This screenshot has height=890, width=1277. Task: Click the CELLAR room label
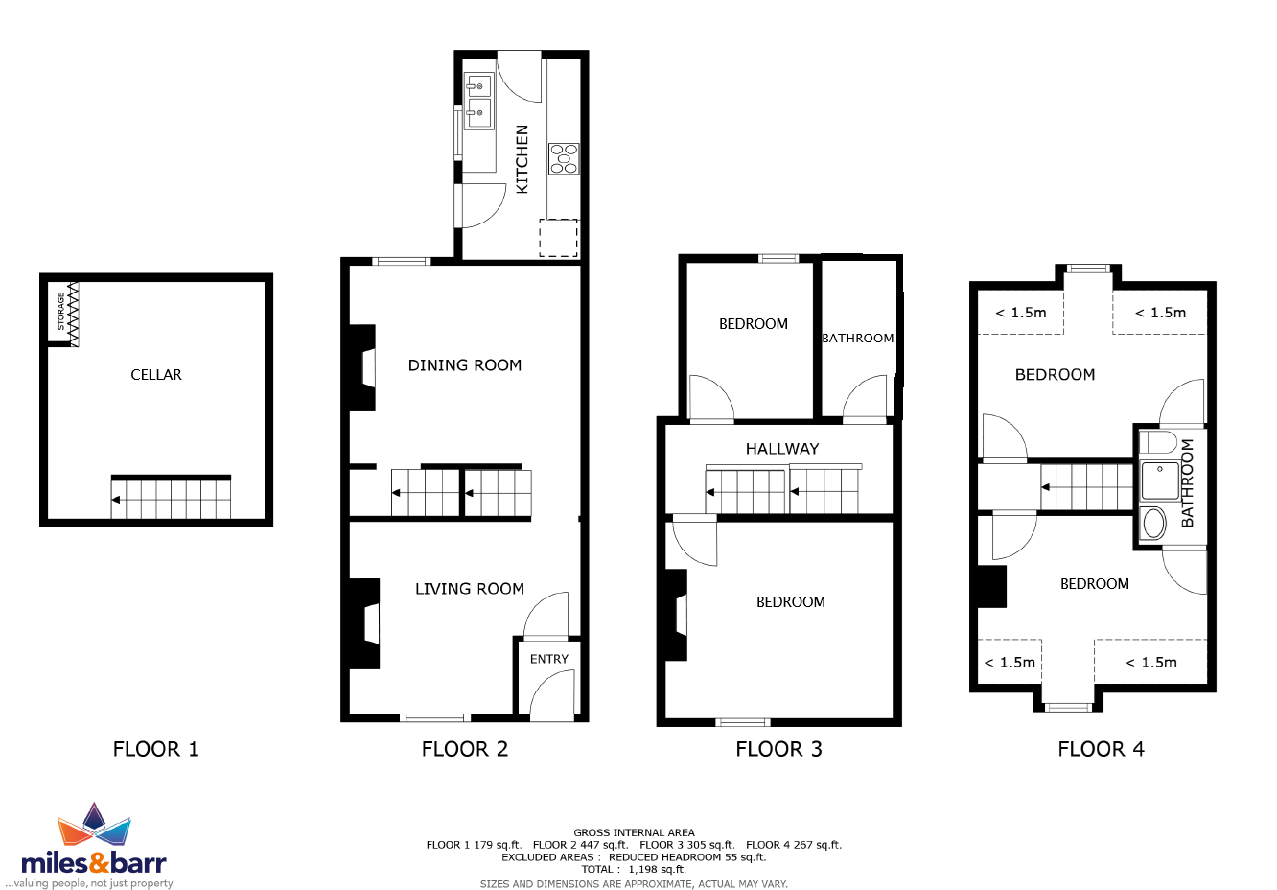click(156, 375)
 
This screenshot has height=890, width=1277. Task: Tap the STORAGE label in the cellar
click(61, 312)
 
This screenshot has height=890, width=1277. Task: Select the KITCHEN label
click(522, 159)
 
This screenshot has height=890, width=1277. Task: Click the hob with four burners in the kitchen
click(564, 158)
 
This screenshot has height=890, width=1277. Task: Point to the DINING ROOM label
click(465, 364)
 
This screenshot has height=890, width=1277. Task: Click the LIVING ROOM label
click(469, 589)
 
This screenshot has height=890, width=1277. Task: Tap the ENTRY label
click(549, 659)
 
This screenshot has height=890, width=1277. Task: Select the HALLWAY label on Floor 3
click(782, 449)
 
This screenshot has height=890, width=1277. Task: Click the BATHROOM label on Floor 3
click(857, 339)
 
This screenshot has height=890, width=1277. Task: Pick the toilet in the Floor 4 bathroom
click(1158, 442)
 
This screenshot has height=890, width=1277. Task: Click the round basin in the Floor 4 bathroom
click(1154, 524)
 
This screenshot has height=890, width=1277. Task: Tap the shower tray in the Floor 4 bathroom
click(1160, 480)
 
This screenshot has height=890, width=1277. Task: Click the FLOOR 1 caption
click(155, 749)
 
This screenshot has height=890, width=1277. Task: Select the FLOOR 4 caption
click(1101, 749)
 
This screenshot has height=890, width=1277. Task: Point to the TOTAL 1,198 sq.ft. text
click(634, 870)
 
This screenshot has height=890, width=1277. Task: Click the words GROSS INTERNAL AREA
click(634, 832)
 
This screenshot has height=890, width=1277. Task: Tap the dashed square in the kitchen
click(559, 238)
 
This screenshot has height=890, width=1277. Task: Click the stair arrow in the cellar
click(116, 500)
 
